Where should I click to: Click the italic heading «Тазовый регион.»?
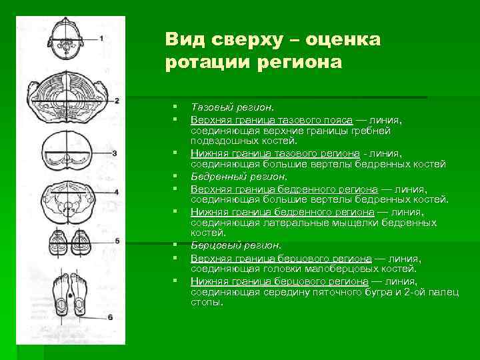pos(233,107)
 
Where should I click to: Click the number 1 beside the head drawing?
pos(101,39)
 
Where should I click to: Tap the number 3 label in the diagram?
pos(115,153)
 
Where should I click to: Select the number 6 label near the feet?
pos(111,315)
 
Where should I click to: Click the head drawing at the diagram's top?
pos(68,41)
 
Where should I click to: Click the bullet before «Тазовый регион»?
pos(173,107)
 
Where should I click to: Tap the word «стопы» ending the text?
pos(206,302)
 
